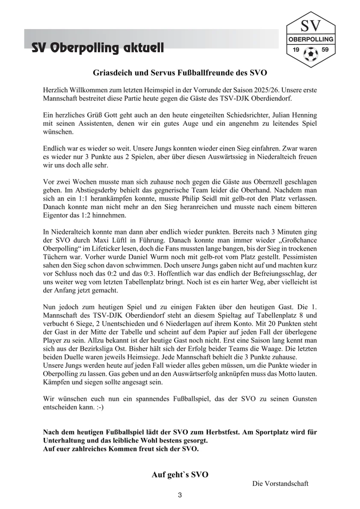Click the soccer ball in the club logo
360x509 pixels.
click(x=310, y=53)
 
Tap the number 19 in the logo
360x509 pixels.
click(x=295, y=50)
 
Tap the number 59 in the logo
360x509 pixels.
click(x=325, y=50)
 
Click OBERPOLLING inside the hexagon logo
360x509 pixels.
click(x=310, y=39)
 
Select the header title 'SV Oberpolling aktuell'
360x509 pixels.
click(x=97, y=48)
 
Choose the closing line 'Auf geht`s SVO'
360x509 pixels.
click(x=180, y=475)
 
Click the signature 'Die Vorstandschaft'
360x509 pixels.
click(x=280, y=484)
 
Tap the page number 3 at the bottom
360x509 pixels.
click(x=180, y=496)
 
